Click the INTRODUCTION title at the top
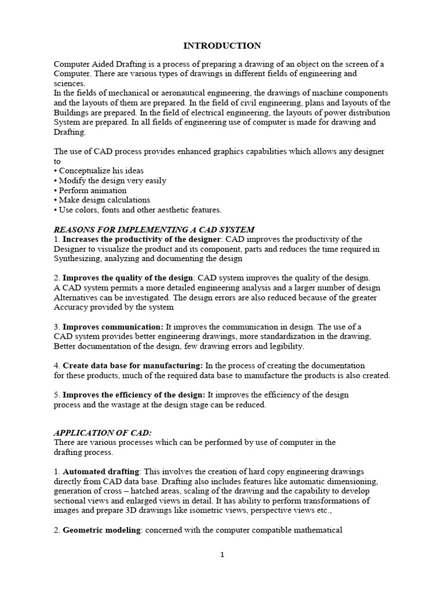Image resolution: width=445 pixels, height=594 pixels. [x=222, y=45]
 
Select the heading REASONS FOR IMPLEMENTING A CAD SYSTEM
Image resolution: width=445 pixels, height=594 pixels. [x=154, y=230]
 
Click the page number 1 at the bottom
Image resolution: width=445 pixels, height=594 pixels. [x=222, y=555]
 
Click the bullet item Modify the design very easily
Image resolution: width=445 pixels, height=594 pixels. [x=112, y=180]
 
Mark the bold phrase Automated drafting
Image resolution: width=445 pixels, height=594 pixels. [x=102, y=472]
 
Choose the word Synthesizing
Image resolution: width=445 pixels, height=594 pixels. [x=78, y=259]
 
